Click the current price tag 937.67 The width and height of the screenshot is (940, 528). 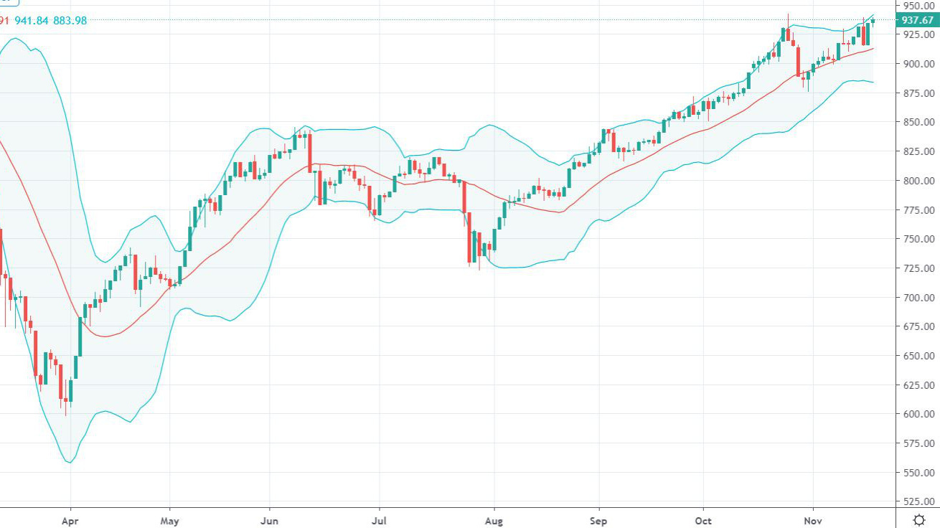click(x=918, y=20)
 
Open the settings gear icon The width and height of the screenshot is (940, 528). click(x=918, y=519)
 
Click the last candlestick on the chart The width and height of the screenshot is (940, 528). click(x=873, y=21)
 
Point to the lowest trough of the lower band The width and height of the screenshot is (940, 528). click(x=69, y=462)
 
